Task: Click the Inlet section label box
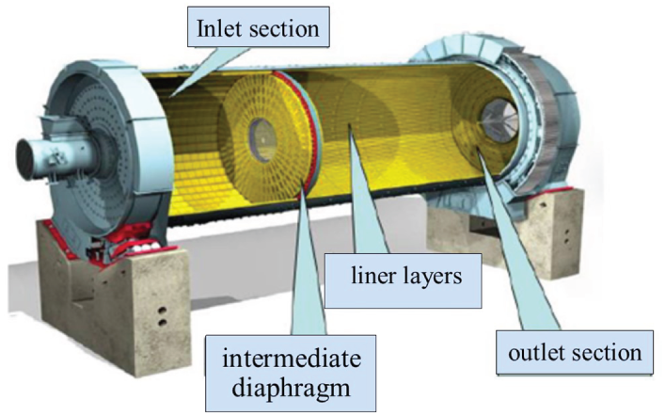[x=260, y=29]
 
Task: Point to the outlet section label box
[x=574, y=354]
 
